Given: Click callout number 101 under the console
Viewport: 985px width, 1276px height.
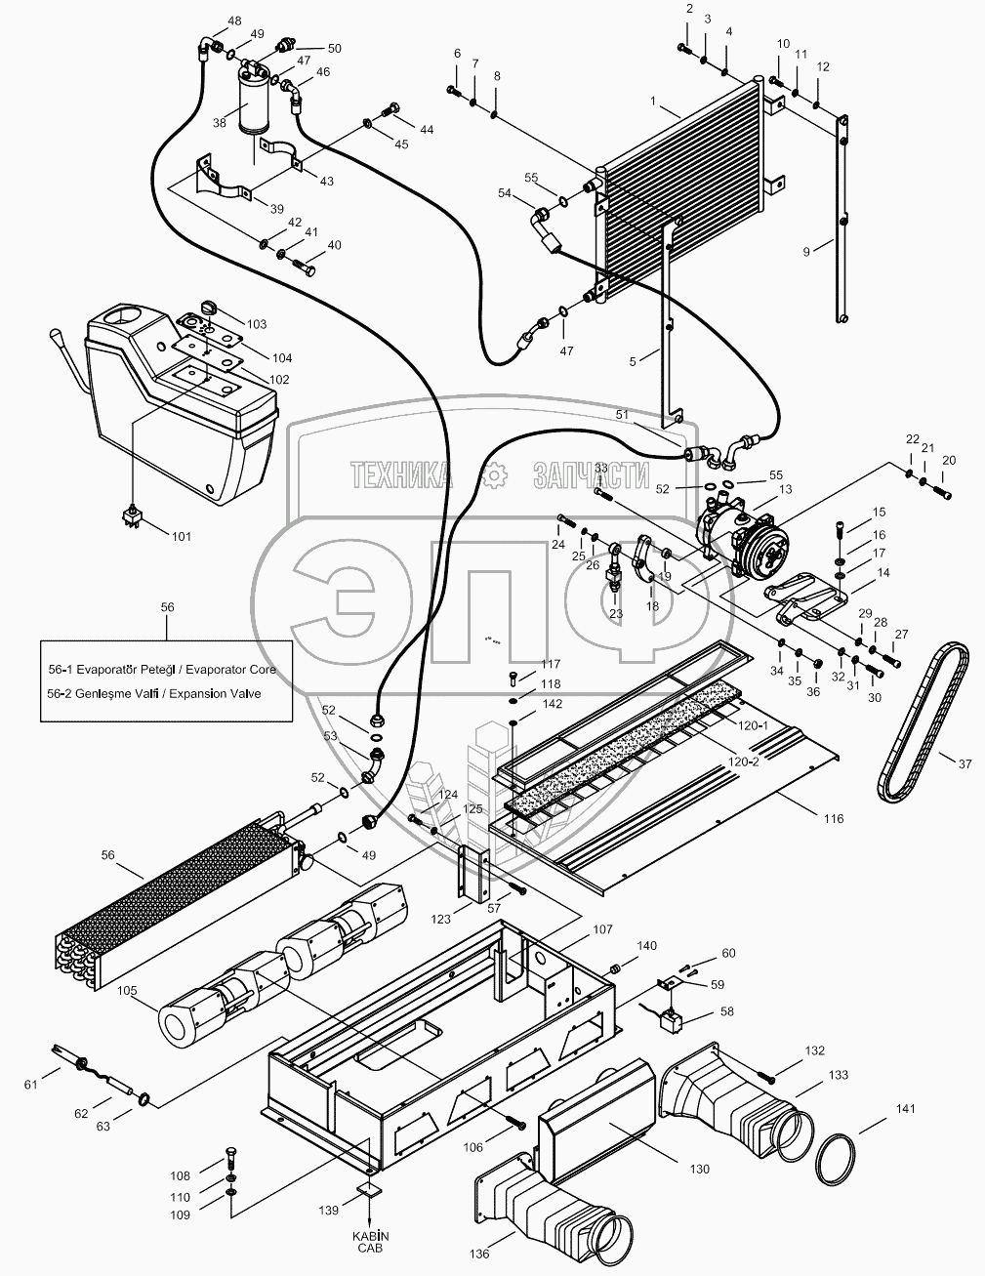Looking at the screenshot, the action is pyautogui.click(x=182, y=536).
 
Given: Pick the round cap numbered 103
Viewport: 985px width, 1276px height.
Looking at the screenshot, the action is pyautogui.click(x=205, y=309).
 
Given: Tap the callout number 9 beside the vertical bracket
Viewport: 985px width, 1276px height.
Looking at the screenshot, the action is pyautogui.click(x=806, y=251).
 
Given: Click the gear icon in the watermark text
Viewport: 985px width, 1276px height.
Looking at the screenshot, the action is pyautogui.click(x=496, y=474).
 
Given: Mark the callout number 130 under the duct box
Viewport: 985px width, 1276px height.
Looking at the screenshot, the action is pyautogui.click(x=698, y=1169).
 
